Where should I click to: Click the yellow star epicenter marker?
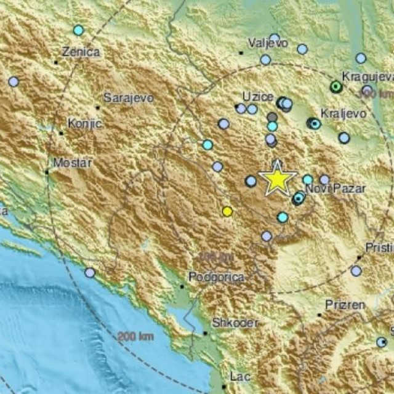coord(278,179)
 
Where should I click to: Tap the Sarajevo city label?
coord(128,97)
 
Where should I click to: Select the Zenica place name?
coord(81,52)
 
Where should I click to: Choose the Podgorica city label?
coord(216,278)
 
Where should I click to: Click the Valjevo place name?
coord(268,43)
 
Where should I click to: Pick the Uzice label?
coord(254,97)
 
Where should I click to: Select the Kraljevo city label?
coord(344,114)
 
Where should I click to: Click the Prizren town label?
coord(345,305)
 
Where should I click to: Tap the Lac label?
coord(239,376)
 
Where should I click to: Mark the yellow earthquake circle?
coord(227,211)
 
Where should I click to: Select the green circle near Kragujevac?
coord(336,87)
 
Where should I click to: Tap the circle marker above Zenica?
coord(78,30)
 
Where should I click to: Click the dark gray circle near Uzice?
coord(272,116)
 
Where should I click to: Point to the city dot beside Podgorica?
coord(182,286)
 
